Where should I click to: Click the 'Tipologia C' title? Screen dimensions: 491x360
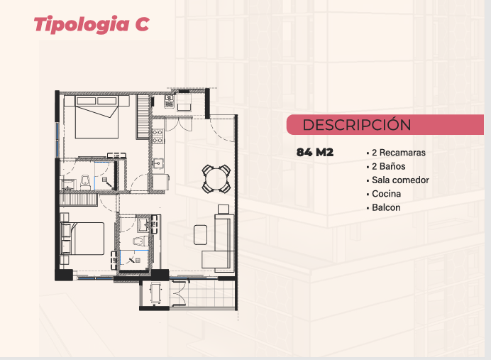[92, 24]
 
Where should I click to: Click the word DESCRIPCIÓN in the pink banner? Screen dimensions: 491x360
[357, 125]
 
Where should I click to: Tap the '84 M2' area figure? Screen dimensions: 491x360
[315, 152]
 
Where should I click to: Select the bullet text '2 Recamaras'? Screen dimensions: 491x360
[399, 153]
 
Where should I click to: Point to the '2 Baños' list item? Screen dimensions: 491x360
[389, 166]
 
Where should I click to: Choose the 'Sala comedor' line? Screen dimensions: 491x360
[400, 180]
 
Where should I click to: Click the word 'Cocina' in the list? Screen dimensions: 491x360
[387, 194]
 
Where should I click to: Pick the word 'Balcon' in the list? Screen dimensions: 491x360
[386, 208]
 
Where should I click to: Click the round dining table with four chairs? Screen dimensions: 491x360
[216, 179]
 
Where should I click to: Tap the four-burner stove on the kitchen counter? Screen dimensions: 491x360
[158, 136]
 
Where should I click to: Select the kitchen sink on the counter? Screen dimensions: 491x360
[158, 163]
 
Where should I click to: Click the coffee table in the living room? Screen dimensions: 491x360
[200, 234]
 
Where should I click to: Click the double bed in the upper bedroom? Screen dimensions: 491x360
[96, 117]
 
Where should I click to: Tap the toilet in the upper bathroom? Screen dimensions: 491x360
[85, 182]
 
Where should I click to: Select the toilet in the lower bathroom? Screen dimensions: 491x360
[139, 241]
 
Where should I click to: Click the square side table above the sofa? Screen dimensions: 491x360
[224, 209]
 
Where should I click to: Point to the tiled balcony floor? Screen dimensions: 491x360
[202, 294]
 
